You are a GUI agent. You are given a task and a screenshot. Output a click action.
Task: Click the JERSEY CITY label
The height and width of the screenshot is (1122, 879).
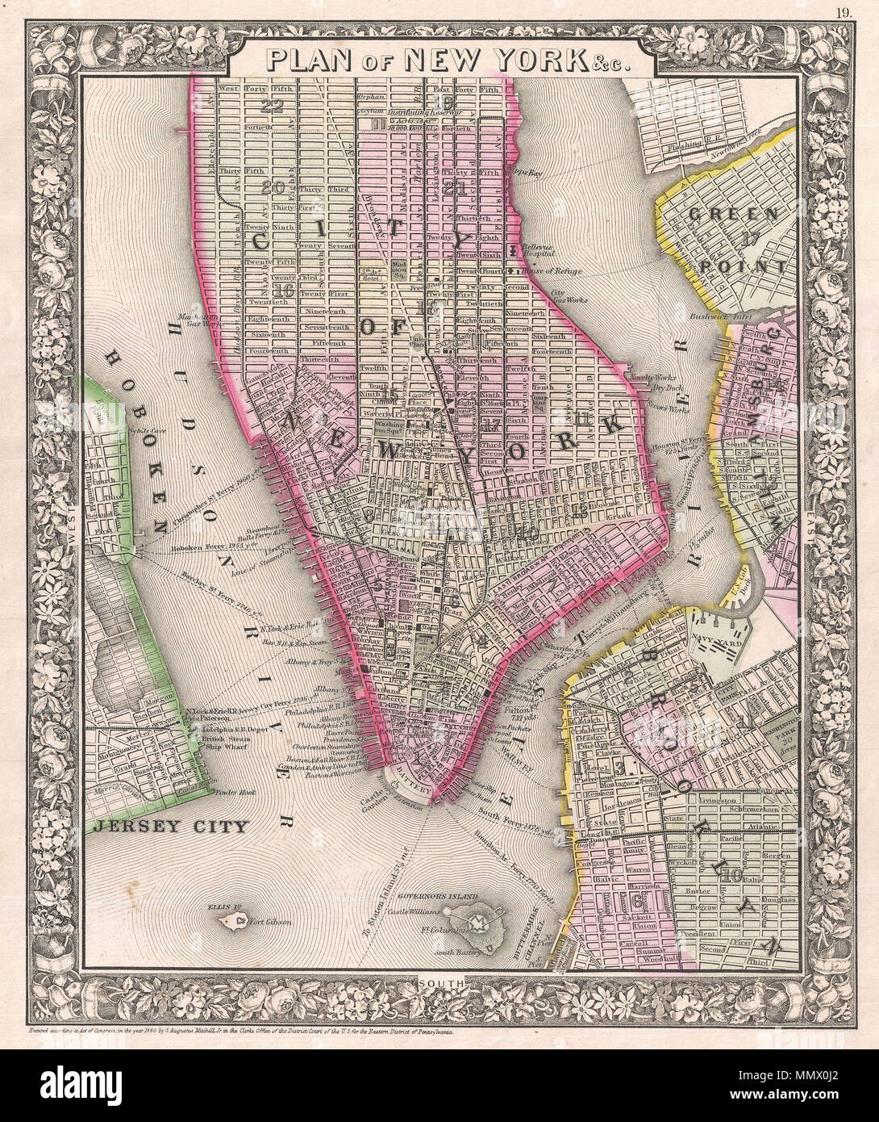(169, 826)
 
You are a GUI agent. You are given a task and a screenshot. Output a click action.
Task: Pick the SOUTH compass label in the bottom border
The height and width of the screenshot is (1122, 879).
(439, 983)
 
